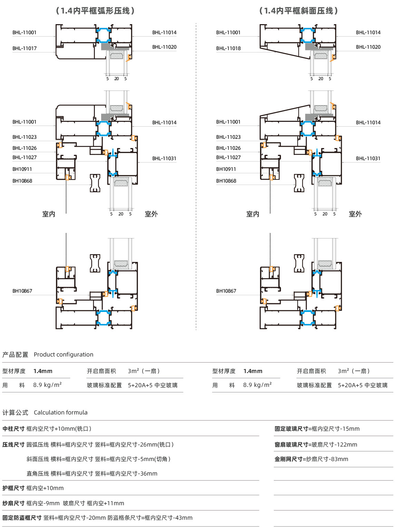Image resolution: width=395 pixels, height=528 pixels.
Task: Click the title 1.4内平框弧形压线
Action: pos(95,11)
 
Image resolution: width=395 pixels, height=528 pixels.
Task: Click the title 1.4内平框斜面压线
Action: pos(299,11)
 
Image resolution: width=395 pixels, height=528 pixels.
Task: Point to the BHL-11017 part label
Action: pos(25,48)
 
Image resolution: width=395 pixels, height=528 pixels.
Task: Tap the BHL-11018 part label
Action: pos(228,48)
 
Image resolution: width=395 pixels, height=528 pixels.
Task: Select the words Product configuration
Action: pos(64,354)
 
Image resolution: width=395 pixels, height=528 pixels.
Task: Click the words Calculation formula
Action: pos(61,412)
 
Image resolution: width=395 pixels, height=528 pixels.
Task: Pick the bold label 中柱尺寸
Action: pos(13,429)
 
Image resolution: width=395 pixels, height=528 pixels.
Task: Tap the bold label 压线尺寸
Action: pos(13,444)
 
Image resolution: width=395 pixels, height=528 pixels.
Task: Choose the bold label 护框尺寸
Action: pos(13,488)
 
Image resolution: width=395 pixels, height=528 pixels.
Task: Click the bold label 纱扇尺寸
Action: pos(13,503)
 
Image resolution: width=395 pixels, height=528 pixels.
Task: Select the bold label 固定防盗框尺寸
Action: pos(22,518)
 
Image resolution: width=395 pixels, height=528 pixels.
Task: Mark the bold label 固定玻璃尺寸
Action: pos(291,429)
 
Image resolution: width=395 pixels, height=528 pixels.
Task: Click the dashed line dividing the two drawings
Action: pos(196,176)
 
